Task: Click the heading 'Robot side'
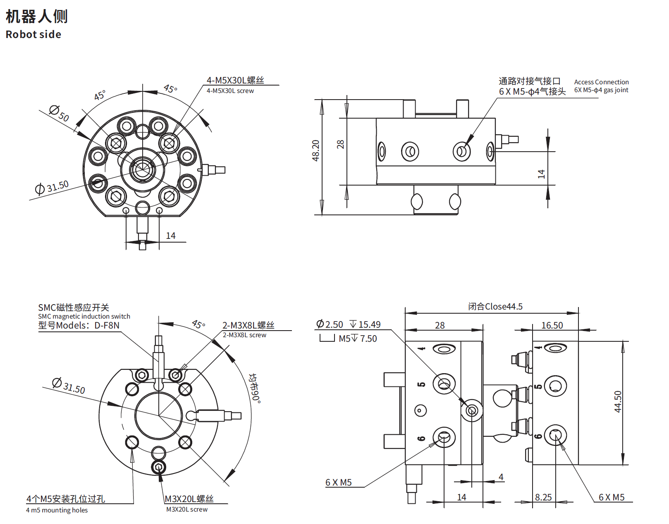click(x=33, y=34)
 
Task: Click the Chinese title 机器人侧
click(x=36, y=16)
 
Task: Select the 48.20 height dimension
click(x=315, y=150)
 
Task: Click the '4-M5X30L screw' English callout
click(x=230, y=91)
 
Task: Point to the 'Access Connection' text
click(x=601, y=82)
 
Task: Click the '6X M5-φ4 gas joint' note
click(x=601, y=90)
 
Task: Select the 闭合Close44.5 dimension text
click(x=495, y=307)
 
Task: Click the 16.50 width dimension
click(x=552, y=325)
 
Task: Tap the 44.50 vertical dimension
click(x=618, y=402)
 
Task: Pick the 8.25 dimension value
click(x=543, y=497)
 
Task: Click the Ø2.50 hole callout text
click(x=330, y=324)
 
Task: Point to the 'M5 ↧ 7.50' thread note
click(x=358, y=338)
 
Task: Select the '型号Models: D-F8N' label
click(x=79, y=325)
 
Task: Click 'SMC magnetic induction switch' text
click(x=84, y=316)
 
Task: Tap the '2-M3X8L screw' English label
click(x=244, y=335)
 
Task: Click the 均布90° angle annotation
click(x=255, y=388)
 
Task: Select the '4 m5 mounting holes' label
click(x=57, y=510)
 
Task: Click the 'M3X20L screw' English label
click(x=187, y=509)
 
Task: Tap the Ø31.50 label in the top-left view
click(x=52, y=187)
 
